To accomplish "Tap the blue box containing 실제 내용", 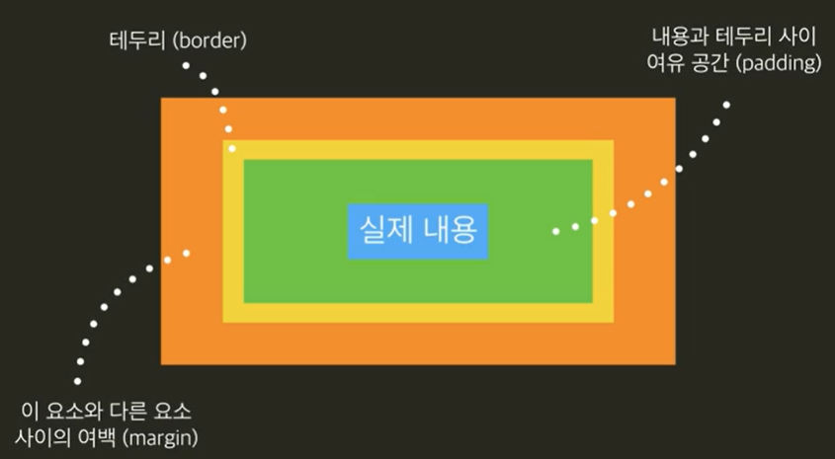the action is [418, 231].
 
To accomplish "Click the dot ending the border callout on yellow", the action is [232, 148].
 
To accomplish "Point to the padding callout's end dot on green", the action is [556, 231].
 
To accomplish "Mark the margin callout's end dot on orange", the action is [186, 253].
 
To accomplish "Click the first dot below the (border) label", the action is [185, 65].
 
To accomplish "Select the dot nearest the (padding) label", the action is [727, 105].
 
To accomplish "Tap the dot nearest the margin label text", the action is [77, 381].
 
